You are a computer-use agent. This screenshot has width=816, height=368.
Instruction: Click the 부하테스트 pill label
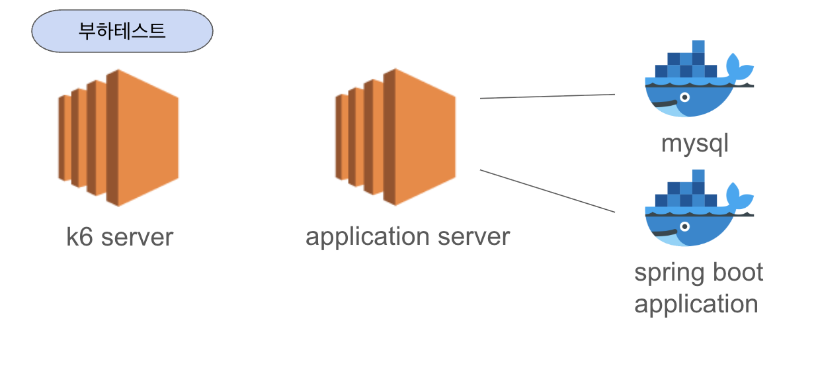pyautogui.click(x=122, y=31)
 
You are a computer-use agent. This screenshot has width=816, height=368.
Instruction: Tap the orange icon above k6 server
pyautogui.click(x=119, y=136)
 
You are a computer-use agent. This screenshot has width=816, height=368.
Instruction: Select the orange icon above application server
pyautogui.click(x=396, y=136)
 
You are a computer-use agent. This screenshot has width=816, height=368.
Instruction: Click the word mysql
pyautogui.click(x=694, y=144)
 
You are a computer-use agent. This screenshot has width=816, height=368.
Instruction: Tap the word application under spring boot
pyautogui.click(x=696, y=304)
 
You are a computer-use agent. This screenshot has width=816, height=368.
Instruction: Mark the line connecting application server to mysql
pyautogui.click(x=548, y=97)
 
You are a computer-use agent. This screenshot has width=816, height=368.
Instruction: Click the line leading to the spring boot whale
pyautogui.click(x=548, y=191)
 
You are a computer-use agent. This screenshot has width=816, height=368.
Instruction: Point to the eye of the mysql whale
pyautogui.click(x=684, y=97)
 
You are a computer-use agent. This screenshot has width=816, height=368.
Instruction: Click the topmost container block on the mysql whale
pyautogui.click(x=698, y=46)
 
